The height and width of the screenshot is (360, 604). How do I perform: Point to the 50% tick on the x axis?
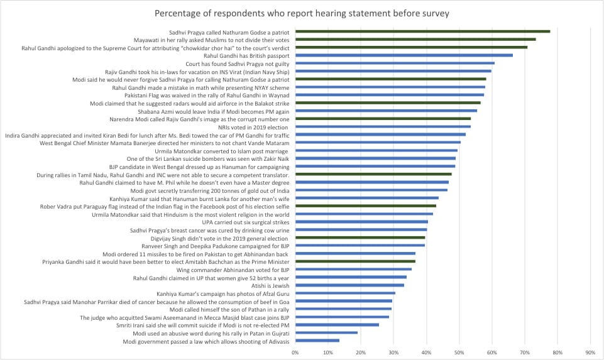click(459, 352)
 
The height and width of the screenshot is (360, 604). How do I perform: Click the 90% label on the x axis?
click(590, 352)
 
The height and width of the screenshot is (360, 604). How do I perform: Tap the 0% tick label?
click(295, 352)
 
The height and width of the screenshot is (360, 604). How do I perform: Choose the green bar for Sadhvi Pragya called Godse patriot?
click(422, 31)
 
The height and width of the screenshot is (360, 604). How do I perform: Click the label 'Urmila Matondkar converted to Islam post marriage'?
click(222, 151)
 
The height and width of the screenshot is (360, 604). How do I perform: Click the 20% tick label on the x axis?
click(361, 352)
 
